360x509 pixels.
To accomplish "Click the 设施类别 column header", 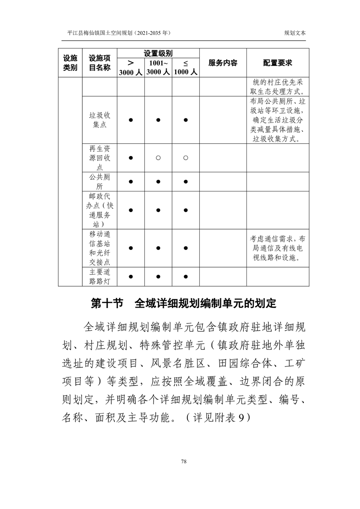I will pos(70,63).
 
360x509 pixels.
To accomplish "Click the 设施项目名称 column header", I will pos(99,63).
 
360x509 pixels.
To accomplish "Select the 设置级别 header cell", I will pos(158,53).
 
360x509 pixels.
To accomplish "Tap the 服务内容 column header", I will pos(222,63).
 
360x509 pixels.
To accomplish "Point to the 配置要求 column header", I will pos(277,63).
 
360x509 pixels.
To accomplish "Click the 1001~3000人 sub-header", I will pos(158,68).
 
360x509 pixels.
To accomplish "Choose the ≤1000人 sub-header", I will pos(185,68).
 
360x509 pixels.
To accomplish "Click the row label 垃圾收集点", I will pos(99,120).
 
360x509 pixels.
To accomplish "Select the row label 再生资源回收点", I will pos(99,157).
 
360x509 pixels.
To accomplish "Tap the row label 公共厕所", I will pos(99,181).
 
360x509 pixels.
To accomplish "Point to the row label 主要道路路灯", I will pos(99,276).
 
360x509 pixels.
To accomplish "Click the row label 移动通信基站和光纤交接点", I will pos(99,248).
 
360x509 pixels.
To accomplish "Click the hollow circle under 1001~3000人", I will pos(158,157).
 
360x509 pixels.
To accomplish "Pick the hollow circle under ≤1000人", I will pos(186,157).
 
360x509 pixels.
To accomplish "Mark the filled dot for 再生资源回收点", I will pos(130,157).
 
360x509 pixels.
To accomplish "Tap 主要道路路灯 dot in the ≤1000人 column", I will pos(186,276).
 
